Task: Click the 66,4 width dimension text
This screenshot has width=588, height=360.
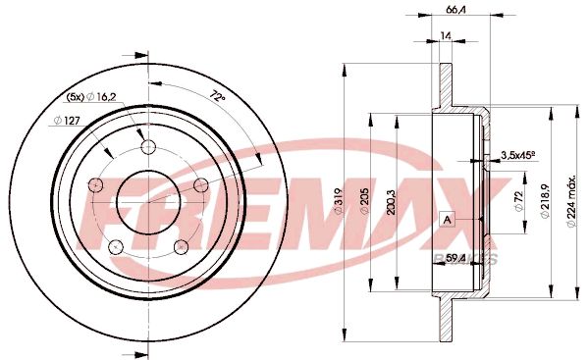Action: pos(455,10)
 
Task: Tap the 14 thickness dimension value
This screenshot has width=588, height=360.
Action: pos(446,35)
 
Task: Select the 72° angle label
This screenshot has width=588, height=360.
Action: pos(217,96)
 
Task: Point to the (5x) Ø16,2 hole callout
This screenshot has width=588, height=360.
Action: pos(91,97)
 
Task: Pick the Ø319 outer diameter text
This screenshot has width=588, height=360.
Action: pos(339,201)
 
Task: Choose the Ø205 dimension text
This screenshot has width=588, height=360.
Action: pos(364,201)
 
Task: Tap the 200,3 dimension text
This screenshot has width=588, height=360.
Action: pos(391,201)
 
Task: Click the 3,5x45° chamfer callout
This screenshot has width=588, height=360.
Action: pos(517,155)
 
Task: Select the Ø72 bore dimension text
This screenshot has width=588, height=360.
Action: pos(519,201)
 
